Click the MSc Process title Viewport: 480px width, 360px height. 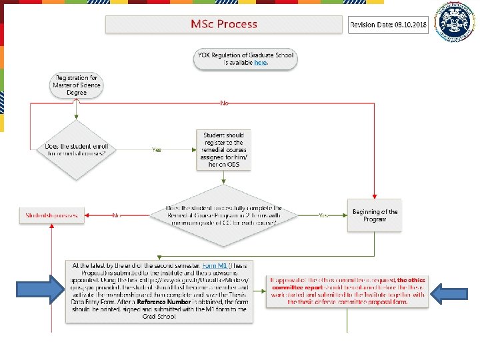click(x=224, y=25)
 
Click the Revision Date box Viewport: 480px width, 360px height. click(x=388, y=25)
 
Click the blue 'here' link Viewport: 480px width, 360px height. click(x=260, y=63)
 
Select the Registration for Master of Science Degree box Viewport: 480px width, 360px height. click(x=76, y=85)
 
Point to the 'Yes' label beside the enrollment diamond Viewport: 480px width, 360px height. click(x=157, y=150)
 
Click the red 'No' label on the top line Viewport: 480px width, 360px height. click(x=224, y=103)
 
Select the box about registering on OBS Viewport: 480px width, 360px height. click(x=223, y=149)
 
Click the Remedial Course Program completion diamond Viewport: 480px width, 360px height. click(x=224, y=215)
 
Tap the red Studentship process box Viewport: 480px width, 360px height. click(x=51, y=215)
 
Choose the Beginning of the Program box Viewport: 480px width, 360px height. click(x=375, y=215)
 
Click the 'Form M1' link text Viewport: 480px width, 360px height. click(x=214, y=266)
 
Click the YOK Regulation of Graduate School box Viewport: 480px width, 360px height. click(x=246, y=59)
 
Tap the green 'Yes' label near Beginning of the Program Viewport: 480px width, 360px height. click(x=323, y=215)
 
